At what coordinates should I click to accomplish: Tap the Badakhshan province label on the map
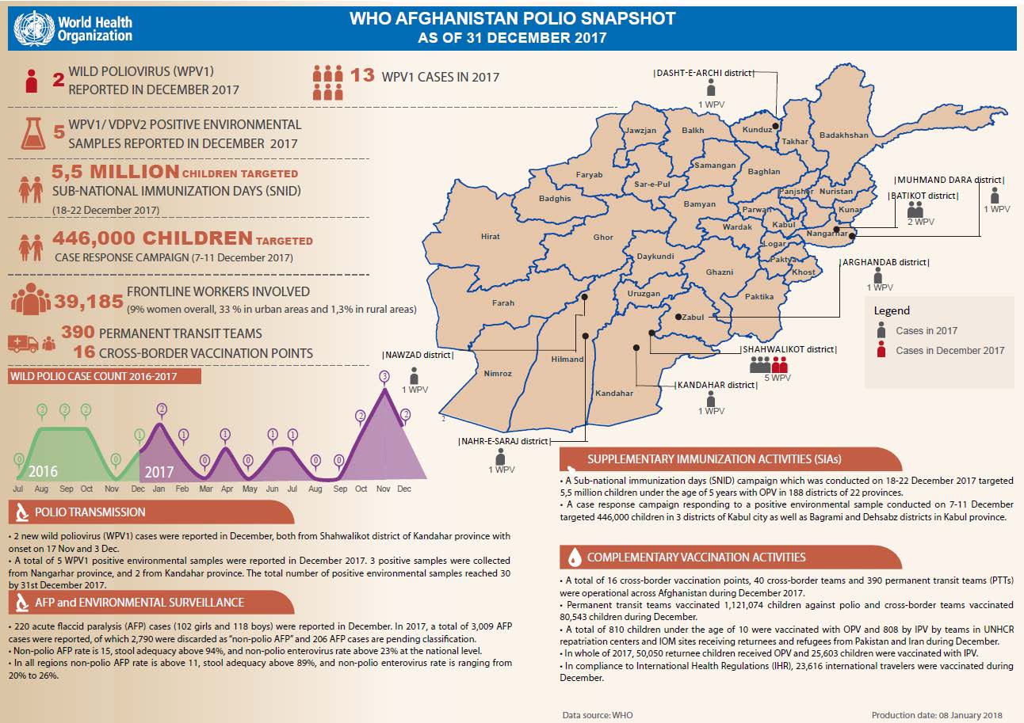(843, 135)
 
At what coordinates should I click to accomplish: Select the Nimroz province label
(498, 373)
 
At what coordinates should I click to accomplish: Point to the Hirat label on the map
(490, 236)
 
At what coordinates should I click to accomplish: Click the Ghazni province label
(719, 272)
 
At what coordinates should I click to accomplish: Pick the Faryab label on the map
(589, 174)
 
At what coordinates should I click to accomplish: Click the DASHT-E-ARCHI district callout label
(704, 73)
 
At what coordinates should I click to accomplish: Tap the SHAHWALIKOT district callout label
(789, 349)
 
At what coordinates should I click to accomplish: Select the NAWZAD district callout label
(418, 355)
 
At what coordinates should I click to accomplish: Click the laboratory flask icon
(33, 133)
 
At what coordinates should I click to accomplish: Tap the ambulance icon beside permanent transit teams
(23, 344)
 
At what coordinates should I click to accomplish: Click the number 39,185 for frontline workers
(89, 302)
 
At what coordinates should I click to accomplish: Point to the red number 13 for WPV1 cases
(362, 75)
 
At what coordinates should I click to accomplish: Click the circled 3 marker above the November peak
(384, 376)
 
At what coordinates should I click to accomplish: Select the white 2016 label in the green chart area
(43, 471)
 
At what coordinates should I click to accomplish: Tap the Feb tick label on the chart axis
(182, 489)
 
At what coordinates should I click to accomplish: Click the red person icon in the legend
(881, 349)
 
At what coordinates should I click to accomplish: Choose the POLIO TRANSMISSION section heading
(90, 512)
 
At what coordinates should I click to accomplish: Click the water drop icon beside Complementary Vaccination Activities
(575, 557)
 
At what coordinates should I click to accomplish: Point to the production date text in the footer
(937, 715)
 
